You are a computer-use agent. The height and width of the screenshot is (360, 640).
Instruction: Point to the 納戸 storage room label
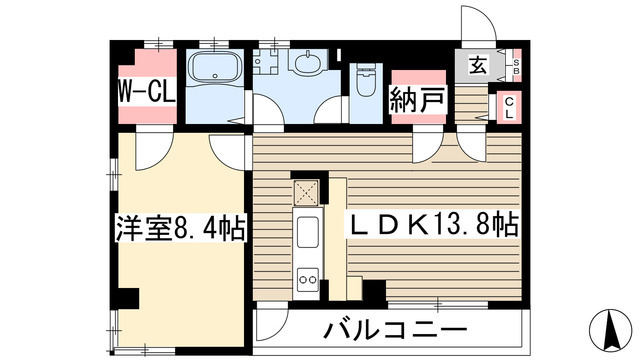412,101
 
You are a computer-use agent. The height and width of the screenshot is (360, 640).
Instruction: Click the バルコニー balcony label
394,330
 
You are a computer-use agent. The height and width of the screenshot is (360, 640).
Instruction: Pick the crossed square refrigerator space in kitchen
305,192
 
